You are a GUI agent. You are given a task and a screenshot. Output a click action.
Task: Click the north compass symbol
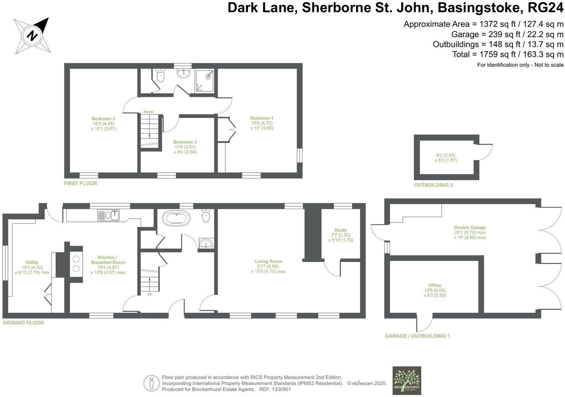tap(32, 36)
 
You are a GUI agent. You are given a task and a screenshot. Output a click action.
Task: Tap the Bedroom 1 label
tap(261, 118)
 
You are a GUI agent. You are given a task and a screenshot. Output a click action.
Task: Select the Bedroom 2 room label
tap(103, 119)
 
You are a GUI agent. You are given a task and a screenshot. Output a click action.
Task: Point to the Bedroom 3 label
tap(185, 142)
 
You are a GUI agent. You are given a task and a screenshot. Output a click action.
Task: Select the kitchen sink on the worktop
tap(109, 215)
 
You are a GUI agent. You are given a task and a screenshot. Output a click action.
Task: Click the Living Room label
tap(268, 261)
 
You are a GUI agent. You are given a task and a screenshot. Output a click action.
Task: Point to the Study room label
tap(340, 230)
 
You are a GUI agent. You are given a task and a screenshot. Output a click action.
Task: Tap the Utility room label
tap(32, 262)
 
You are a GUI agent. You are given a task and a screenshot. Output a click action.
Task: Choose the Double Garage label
tap(469, 227)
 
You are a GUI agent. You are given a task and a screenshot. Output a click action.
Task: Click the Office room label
tap(435, 285)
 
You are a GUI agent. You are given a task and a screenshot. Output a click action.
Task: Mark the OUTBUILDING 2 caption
tap(433, 185)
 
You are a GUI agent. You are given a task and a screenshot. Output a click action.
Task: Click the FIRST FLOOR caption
tap(81, 183)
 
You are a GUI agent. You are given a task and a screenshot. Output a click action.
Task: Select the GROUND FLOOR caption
tap(23, 323)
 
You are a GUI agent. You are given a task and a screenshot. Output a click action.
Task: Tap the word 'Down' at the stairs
tap(148, 112)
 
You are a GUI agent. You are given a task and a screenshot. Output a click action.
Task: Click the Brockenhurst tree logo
tap(406, 380)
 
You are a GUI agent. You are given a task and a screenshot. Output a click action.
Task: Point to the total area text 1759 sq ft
tap(508, 54)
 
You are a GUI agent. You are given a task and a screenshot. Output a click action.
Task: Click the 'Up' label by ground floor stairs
tap(149, 294)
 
